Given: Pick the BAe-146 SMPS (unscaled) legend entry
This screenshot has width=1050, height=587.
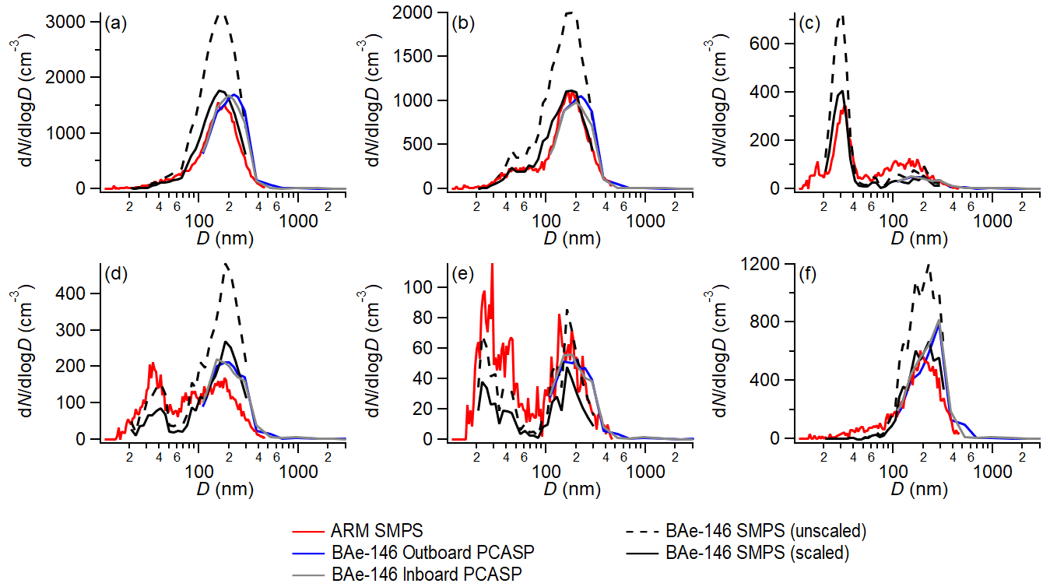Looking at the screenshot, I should [x=766, y=531].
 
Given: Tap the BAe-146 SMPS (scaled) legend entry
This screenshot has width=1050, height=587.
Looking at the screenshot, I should [x=757, y=553].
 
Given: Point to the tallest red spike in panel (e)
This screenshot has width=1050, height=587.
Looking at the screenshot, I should [x=492, y=265].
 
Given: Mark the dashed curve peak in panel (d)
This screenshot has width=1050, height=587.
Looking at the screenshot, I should [x=226, y=265].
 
